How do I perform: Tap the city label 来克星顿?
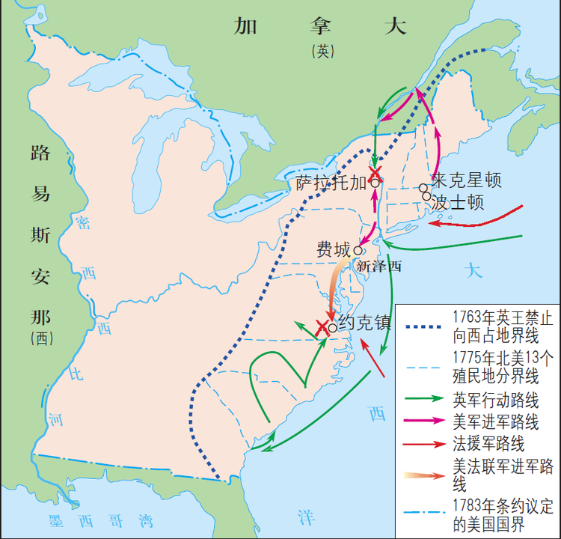pos(466,181)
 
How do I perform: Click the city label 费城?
pos(334,249)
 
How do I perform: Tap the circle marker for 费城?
pos(358,251)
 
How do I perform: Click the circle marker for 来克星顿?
pos(423,188)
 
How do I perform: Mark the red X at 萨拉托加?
pos(375,172)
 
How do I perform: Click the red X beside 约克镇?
pos(322,327)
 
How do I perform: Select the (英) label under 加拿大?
pos(322,51)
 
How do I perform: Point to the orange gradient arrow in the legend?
pos(424,475)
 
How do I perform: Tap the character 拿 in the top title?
pos(322,26)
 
